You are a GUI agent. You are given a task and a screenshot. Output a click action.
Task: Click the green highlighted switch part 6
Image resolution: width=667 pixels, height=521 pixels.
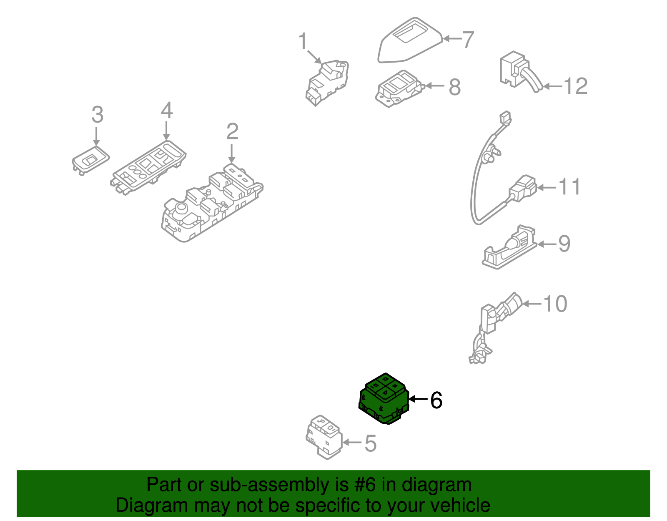pyautogui.click(x=384, y=399)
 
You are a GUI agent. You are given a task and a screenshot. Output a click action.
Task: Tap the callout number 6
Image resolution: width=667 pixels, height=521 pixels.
pyautogui.click(x=436, y=400)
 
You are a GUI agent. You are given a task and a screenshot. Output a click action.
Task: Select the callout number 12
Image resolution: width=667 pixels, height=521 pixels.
pyautogui.click(x=575, y=86)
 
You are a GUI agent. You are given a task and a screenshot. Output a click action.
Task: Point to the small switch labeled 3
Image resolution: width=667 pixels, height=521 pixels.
pyautogui.click(x=90, y=159)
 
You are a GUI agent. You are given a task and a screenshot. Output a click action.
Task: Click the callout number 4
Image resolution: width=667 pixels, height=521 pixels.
pyautogui.click(x=166, y=111)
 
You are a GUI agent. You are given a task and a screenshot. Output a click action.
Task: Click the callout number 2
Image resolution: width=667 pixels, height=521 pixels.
pyautogui.click(x=232, y=132)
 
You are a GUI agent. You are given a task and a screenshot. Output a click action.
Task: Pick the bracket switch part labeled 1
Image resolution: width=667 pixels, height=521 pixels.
pyautogui.click(x=327, y=81)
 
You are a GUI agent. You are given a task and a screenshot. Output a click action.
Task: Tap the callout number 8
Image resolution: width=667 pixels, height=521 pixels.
pyautogui.click(x=455, y=87)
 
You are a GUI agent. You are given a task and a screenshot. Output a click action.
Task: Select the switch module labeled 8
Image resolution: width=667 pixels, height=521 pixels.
pyautogui.click(x=398, y=89)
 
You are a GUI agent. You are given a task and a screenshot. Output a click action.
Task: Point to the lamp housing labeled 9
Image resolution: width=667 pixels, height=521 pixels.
pyautogui.click(x=509, y=249)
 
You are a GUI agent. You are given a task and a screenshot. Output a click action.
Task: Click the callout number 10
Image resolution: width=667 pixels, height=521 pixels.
pyautogui.click(x=555, y=304)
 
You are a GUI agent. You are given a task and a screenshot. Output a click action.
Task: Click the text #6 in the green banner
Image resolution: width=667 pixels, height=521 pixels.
pyautogui.click(x=365, y=485)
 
